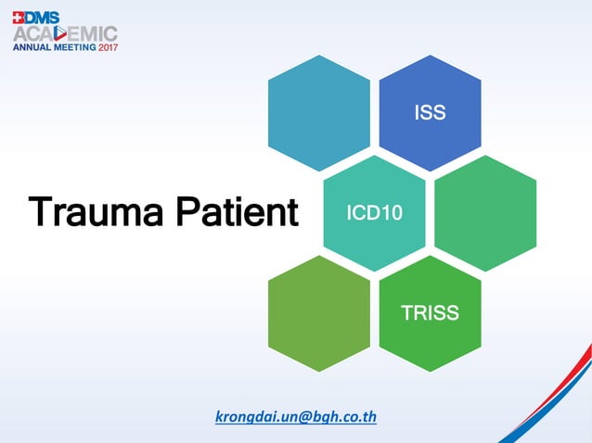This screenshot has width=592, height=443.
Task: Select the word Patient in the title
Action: point(235,212)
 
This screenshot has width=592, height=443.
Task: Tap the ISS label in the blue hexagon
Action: point(430,113)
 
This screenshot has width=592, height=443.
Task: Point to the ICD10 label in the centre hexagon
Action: point(374,213)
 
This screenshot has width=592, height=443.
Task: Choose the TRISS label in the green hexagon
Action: point(430,313)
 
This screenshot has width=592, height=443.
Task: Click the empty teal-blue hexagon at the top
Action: point(318,113)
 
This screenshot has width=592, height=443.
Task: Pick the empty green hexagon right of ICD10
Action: point(485,213)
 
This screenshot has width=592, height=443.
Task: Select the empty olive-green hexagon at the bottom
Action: point(318,313)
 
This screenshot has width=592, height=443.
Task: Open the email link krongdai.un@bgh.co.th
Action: point(295,416)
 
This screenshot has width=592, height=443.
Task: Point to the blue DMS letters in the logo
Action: point(41,16)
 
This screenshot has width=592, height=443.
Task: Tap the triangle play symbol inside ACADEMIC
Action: point(74,32)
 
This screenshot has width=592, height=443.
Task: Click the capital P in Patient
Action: point(187,212)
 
